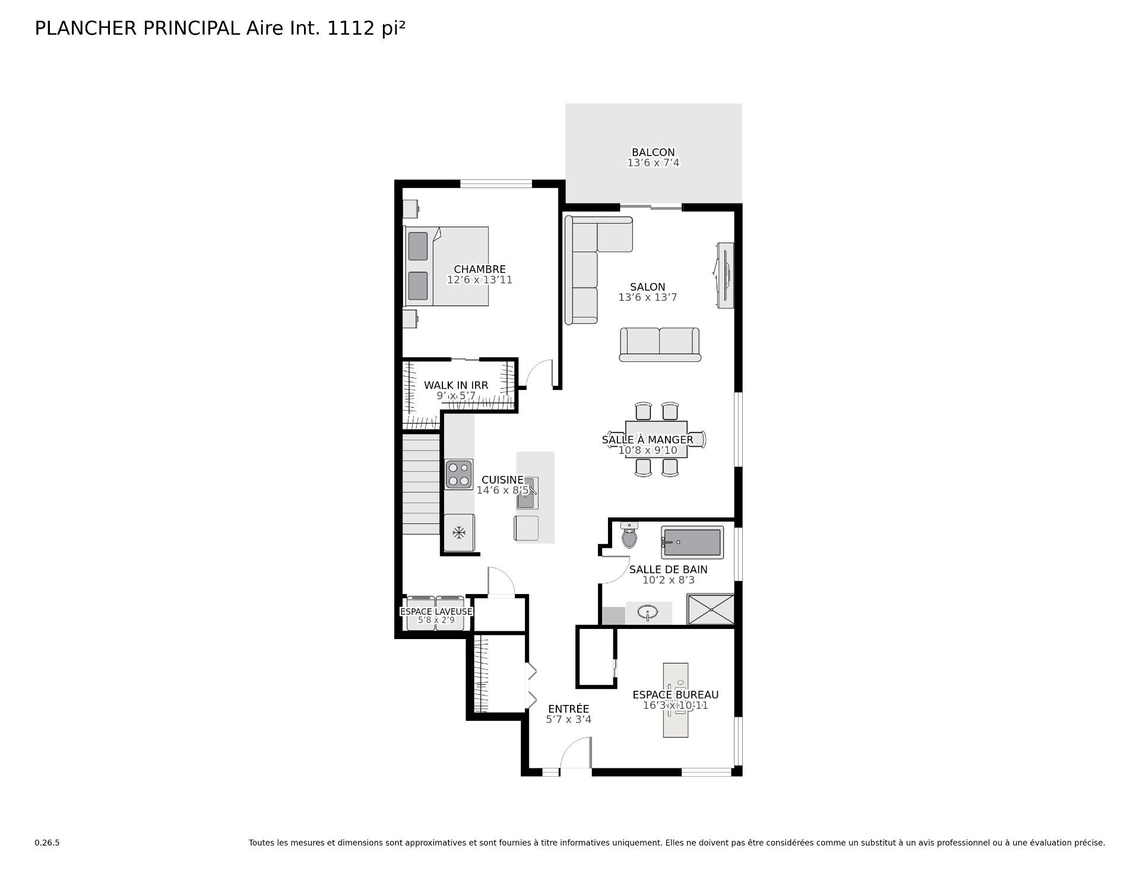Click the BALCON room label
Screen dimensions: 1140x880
[653, 153]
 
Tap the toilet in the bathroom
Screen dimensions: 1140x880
[629, 535]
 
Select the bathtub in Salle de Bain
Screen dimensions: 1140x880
[692, 542]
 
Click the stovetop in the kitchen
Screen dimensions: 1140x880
[459, 474]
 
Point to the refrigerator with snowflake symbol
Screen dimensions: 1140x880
[459, 532]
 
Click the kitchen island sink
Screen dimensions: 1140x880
[527, 493]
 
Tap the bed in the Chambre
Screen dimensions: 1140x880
[446, 266]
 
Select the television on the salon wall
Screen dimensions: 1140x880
[725, 275]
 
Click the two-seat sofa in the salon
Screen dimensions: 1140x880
[660, 344]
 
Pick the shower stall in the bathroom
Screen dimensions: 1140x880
[711, 609]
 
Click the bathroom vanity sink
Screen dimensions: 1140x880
[648, 612]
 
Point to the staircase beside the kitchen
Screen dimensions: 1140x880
[421, 484]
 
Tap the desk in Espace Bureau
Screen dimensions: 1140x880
[676, 700]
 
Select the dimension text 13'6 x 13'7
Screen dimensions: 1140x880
[648, 297]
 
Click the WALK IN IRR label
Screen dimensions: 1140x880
[456, 385]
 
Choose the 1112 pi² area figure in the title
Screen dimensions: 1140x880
[366, 28]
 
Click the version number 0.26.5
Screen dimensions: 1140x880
[47, 843]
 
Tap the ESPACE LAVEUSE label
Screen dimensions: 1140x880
[436, 611]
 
